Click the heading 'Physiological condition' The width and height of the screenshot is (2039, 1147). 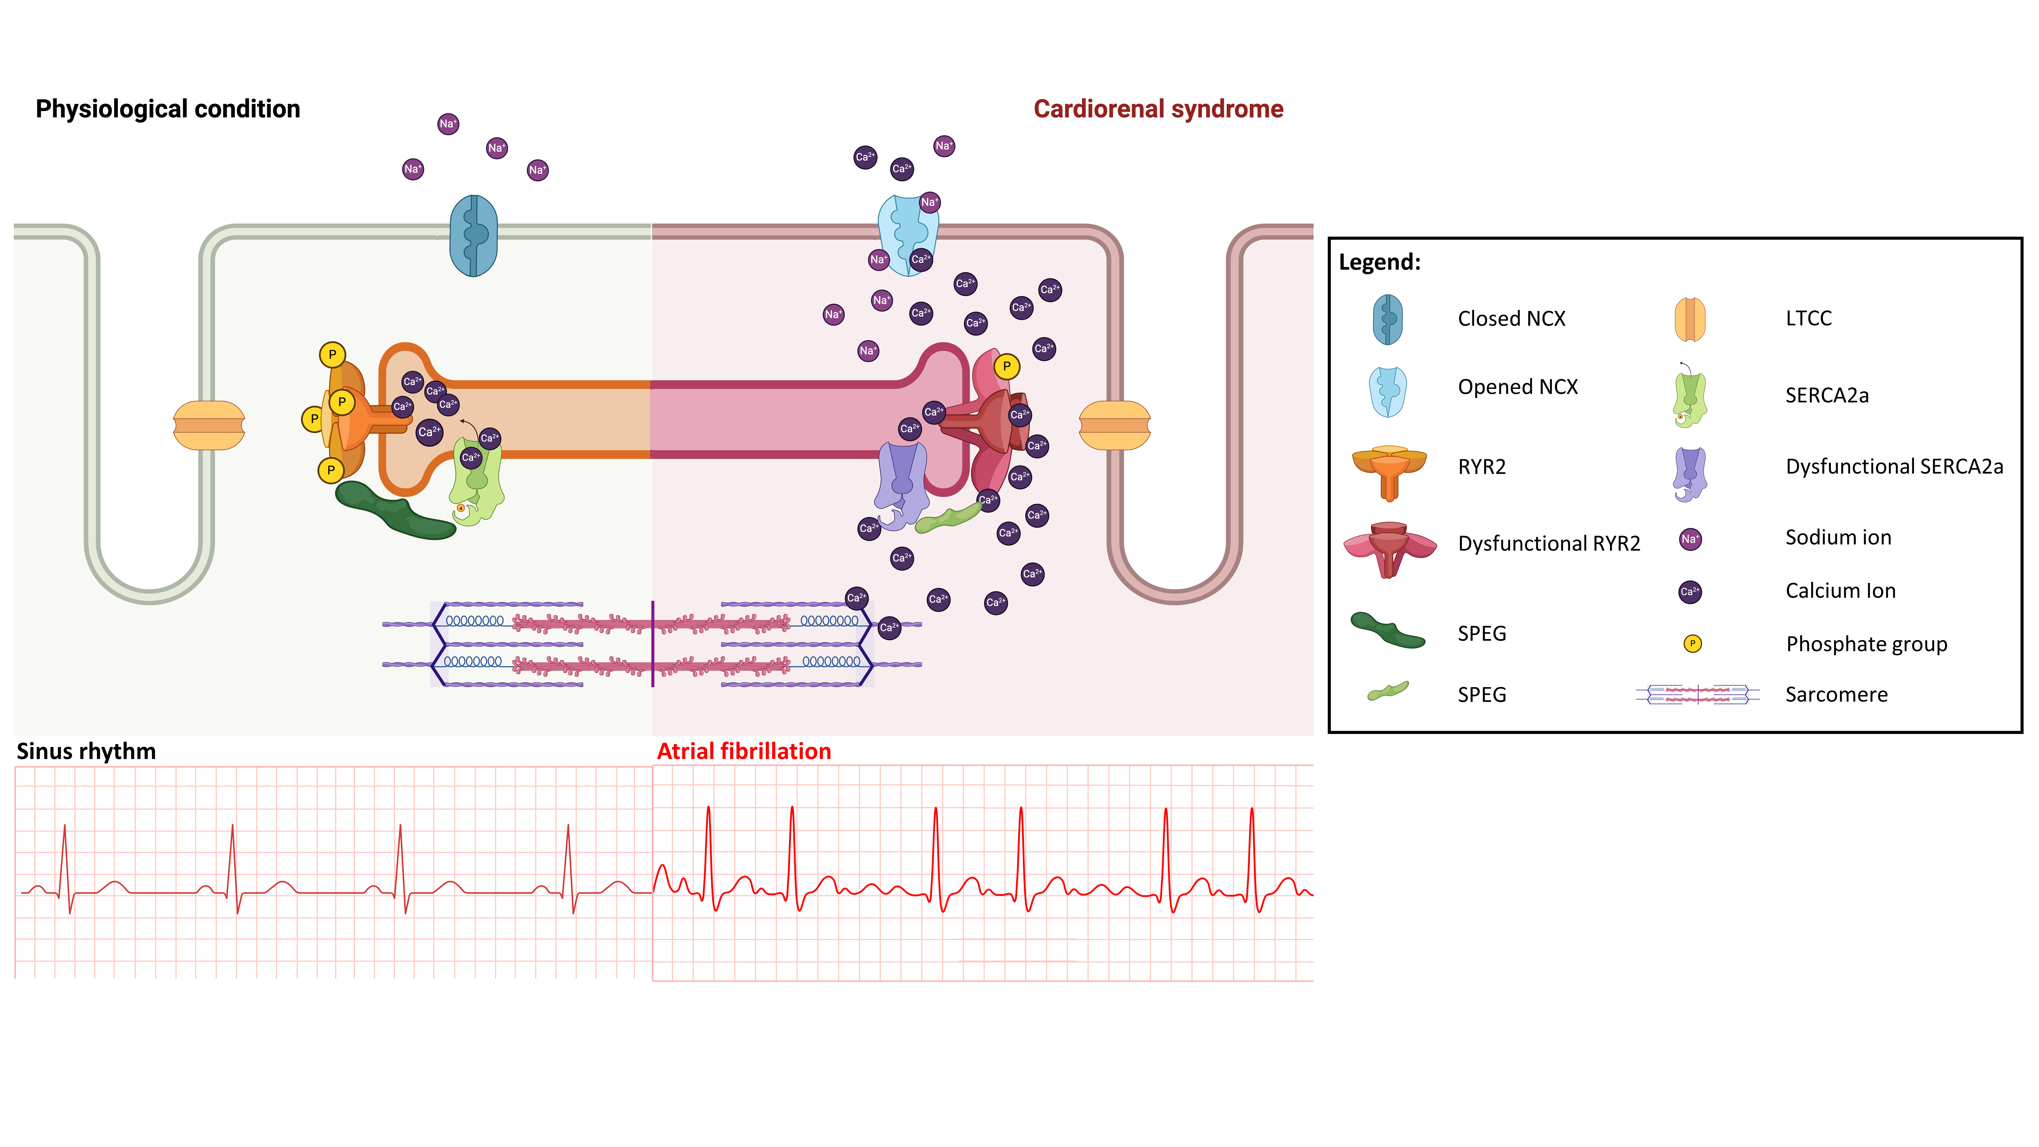[168, 109]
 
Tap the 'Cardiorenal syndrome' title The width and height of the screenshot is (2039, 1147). [1158, 109]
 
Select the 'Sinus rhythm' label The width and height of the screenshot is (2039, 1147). [86, 751]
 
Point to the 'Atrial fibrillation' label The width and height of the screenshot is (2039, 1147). [744, 751]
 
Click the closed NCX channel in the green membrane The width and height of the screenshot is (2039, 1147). [473, 236]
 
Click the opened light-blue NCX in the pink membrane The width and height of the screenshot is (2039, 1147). [907, 233]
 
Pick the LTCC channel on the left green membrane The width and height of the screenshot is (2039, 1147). [209, 425]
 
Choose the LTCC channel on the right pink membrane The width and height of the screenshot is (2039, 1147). [1115, 425]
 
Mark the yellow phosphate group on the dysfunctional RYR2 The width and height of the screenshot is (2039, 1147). [1006, 367]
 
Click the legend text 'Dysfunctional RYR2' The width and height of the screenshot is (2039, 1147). [1549, 544]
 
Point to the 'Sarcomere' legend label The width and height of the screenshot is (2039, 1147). [1836, 695]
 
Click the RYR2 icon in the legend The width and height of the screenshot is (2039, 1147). [1389, 471]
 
